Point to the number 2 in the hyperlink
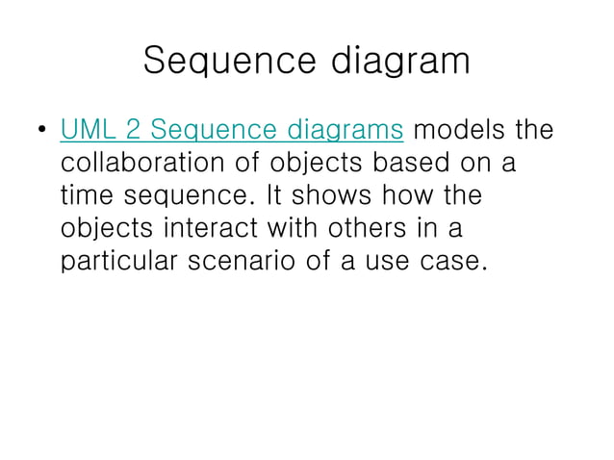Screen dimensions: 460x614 [135, 129]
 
